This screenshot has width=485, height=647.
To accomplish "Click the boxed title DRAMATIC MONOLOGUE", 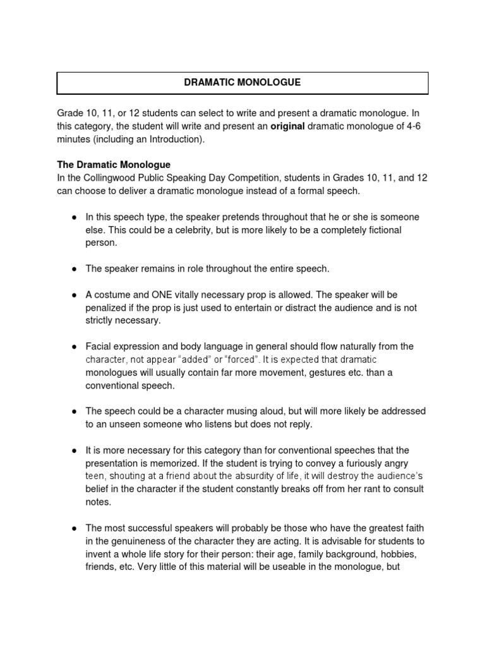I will pos(242,83).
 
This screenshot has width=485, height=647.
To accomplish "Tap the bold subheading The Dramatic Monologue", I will pos(114,165).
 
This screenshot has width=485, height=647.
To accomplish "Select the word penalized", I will pos(107,308).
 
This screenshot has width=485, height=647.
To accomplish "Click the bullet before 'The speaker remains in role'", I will pos(74,269).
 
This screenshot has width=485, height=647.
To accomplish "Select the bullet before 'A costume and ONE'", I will pos(74,295).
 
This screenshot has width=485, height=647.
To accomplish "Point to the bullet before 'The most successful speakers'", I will pos(74,528).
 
